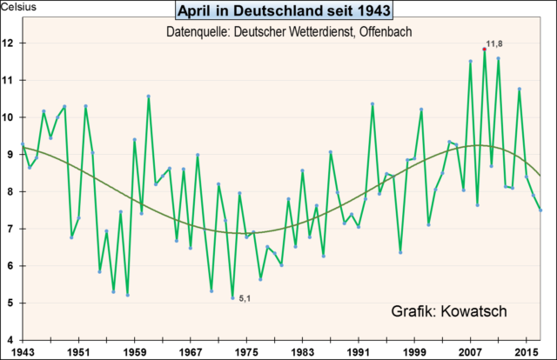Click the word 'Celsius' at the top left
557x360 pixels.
coord(17,7)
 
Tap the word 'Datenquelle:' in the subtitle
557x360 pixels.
coord(196,32)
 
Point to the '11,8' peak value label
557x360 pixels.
coord(495,43)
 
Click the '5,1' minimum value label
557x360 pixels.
coord(247,301)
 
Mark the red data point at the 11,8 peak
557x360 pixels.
coord(484,50)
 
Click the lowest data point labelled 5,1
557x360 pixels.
coord(232,298)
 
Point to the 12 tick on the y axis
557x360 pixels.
coord(9,43)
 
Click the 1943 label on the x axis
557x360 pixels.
coord(23,351)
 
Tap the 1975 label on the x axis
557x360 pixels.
coord(246,351)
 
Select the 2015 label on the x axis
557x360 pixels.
coord(527,351)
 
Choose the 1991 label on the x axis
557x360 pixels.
coord(359,351)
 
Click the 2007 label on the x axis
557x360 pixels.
coord(471,351)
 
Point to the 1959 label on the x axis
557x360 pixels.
coord(134,351)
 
